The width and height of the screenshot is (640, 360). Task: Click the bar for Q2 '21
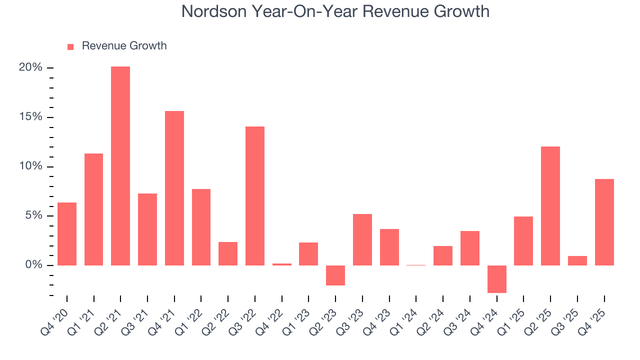click(120, 165)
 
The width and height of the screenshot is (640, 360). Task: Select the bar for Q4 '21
click(174, 188)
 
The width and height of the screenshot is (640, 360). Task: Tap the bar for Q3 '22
click(255, 196)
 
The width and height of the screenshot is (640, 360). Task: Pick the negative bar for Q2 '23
click(335, 275)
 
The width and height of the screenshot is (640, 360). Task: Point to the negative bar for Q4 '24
click(497, 279)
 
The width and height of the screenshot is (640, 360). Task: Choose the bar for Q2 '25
click(550, 206)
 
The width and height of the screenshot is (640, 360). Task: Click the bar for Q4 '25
click(604, 222)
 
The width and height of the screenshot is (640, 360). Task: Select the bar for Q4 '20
click(67, 234)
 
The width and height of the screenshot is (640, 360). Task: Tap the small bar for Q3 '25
click(577, 260)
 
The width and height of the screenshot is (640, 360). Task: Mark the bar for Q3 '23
click(362, 239)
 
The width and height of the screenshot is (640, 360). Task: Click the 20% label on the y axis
click(31, 67)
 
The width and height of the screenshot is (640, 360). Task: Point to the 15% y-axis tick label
click(31, 117)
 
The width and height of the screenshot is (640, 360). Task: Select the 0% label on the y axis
click(33, 265)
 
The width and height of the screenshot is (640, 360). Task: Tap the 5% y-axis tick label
click(33, 215)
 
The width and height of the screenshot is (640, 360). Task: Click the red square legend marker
click(70, 46)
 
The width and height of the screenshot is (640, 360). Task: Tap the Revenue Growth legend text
click(124, 46)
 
